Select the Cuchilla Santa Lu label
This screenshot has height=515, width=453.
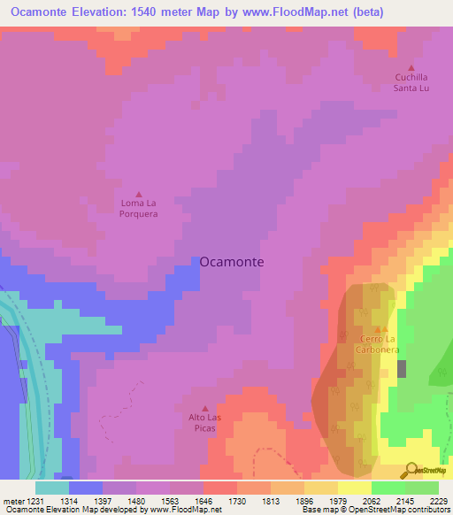coord(411,82)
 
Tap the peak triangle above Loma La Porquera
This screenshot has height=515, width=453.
coord(139,195)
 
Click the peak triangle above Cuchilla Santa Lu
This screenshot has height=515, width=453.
coord(411,68)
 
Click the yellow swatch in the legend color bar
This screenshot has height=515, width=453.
coord(355,488)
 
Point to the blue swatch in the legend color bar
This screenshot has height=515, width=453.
coord(86,488)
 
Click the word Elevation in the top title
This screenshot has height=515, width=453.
coord(103,12)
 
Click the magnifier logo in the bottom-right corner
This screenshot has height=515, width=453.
coord(412,469)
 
